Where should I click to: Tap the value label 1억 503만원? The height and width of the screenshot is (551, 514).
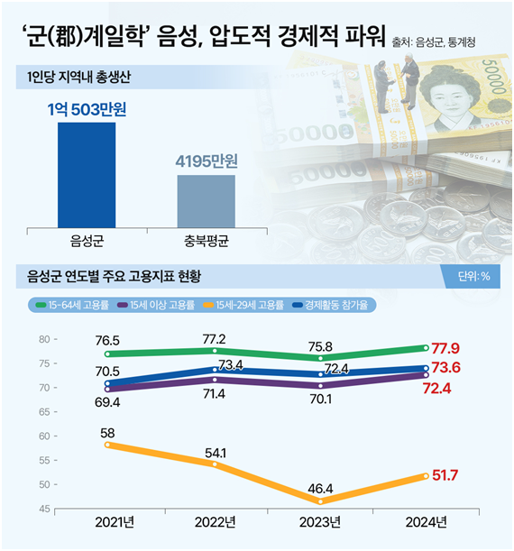point(87,109)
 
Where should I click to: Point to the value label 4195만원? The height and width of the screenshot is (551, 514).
point(206,162)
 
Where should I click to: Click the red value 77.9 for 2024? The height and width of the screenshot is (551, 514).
point(453,346)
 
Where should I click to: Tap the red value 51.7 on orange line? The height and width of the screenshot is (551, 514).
point(453,474)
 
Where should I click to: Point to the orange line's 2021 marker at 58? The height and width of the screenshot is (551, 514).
point(108,445)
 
